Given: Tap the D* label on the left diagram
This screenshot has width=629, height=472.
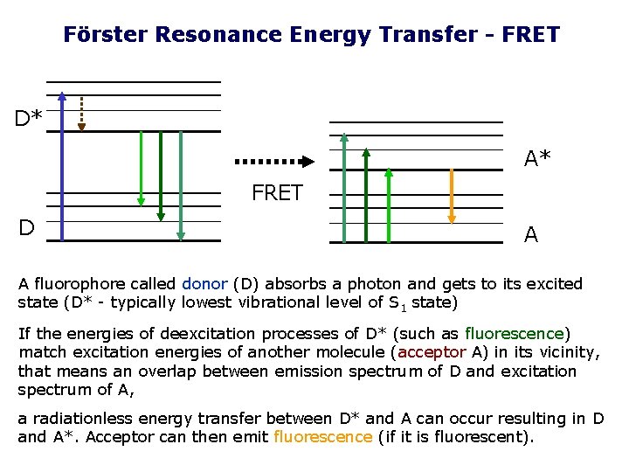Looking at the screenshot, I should click(x=29, y=117).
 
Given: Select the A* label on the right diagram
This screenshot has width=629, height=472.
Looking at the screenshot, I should click(x=537, y=159).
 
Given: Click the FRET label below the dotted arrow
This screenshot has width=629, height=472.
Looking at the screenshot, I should click(x=277, y=193).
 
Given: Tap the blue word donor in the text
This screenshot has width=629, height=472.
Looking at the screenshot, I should click(x=204, y=284).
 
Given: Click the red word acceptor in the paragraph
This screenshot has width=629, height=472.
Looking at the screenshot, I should click(x=432, y=352).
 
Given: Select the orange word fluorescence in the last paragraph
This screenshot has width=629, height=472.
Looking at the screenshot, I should click(x=322, y=436).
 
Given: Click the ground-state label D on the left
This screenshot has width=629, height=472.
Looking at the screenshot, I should click(x=27, y=228).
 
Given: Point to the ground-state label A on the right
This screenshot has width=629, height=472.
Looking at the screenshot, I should click(x=530, y=234).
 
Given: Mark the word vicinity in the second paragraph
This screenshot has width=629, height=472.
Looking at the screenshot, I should click(x=568, y=352).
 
